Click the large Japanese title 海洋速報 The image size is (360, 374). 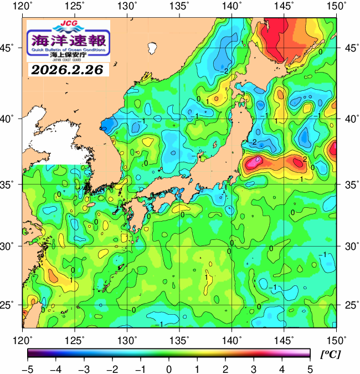pos(68,40)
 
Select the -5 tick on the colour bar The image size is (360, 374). pos(28,368)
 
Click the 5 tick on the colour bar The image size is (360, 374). pos(310,368)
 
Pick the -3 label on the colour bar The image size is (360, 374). pos(84,368)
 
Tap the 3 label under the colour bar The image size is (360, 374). pos(253,368)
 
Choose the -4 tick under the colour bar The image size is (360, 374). pos(55,368)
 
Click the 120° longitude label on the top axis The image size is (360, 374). pos(23,6)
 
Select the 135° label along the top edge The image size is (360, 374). pos(180,6)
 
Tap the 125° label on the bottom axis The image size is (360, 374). pos(75,339)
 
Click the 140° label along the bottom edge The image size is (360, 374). pos(232,339)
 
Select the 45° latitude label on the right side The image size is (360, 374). pos(349,48)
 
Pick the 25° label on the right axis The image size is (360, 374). pos(349,305)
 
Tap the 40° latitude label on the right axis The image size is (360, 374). pos(349,119)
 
